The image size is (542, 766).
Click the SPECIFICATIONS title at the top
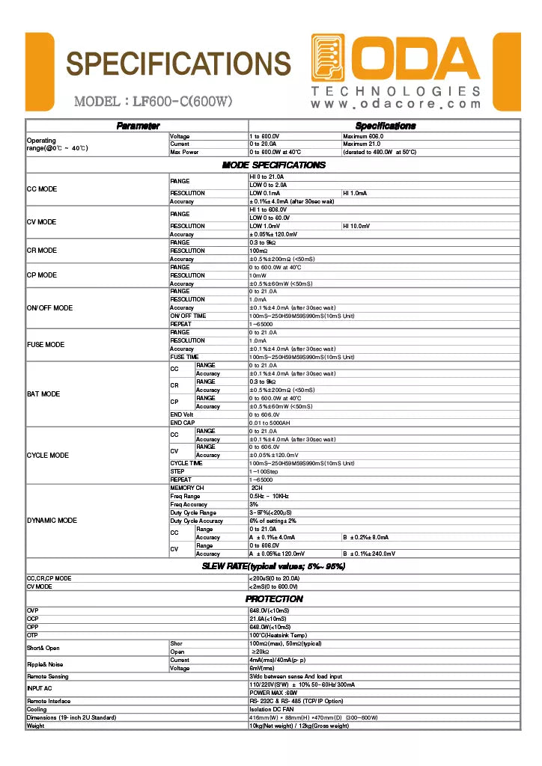tap(178, 64)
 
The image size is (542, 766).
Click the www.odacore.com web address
tap(396, 104)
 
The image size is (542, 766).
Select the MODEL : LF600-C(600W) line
tap(153, 101)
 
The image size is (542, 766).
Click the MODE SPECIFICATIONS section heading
tap(273, 165)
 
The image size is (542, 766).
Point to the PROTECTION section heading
tap(274, 598)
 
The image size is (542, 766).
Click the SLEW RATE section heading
tap(273, 566)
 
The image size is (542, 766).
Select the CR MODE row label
tap(42, 251)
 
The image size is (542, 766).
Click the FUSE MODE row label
tap(46, 345)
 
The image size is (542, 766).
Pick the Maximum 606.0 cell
tap(363, 136)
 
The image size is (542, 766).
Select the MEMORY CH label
tap(187, 488)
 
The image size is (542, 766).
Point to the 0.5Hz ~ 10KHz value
tap(269, 496)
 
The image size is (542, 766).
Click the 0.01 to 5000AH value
tap(271, 423)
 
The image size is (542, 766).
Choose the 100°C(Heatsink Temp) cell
tap(279, 635)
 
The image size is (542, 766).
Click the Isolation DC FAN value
tap(271, 709)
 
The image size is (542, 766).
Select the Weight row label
tap(36, 726)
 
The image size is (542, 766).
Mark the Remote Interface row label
tap(49, 701)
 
